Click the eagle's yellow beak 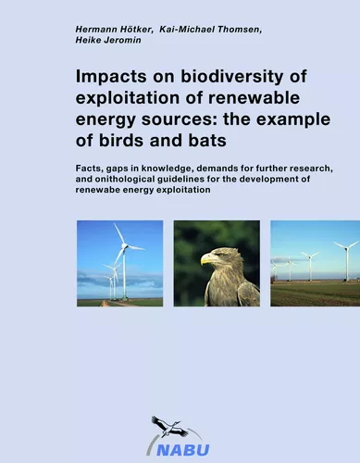tap(206, 260)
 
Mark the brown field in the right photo tap(315, 294)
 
